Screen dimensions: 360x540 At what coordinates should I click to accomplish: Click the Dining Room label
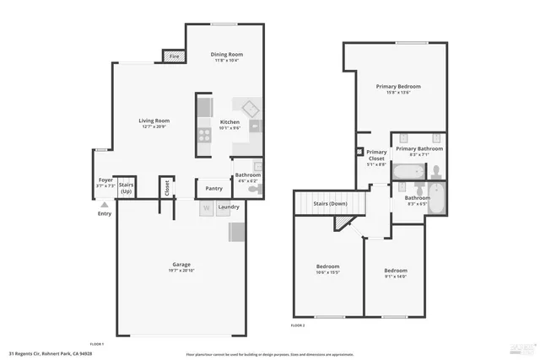pyautogui.click(x=226, y=55)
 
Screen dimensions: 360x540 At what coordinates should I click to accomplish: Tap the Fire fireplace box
pyautogui.click(x=175, y=56)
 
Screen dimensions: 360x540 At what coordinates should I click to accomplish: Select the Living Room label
pyautogui.click(x=154, y=121)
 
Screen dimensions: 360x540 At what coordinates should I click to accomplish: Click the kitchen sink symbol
pyautogui.click(x=250, y=109)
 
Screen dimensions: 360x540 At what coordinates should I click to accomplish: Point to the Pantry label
pyautogui.click(x=213, y=188)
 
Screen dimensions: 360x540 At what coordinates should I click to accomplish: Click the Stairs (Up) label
pyautogui.click(x=127, y=187)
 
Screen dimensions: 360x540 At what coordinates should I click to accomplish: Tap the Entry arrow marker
pyautogui.click(x=105, y=204)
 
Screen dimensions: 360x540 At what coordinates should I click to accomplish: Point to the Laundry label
pyautogui.click(x=229, y=207)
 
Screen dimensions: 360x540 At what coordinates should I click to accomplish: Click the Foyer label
pyautogui.click(x=105, y=180)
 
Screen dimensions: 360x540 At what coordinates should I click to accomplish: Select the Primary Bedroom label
pyautogui.click(x=398, y=86)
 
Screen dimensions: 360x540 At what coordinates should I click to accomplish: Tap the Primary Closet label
pyautogui.click(x=376, y=155)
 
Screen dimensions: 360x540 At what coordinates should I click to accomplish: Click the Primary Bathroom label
pyautogui.click(x=419, y=148)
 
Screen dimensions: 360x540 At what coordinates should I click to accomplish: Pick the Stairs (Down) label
pyautogui.click(x=330, y=204)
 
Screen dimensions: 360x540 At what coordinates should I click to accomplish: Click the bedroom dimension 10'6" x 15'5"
pyautogui.click(x=327, y=272)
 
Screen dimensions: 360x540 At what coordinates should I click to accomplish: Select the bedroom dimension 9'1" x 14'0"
pyautogui.click(x=396, y=276)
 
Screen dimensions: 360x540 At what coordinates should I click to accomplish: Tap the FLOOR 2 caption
pyautogui.click(x=298, y=325)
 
